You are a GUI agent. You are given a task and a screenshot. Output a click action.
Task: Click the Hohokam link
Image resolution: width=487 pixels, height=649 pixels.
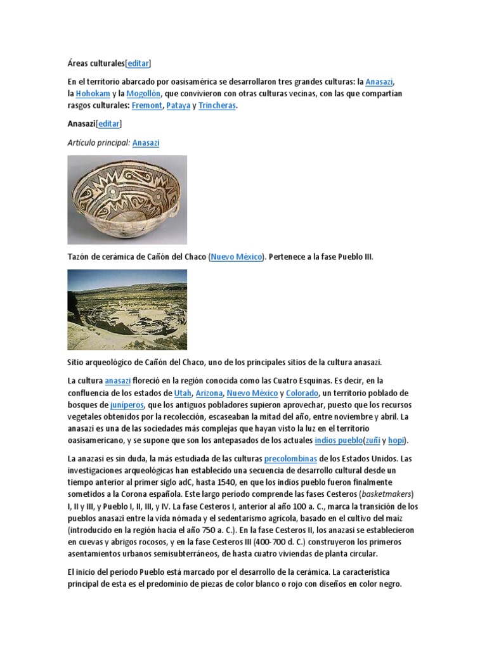[93, 94]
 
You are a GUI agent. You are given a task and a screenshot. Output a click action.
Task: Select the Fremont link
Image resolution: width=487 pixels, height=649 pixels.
[147, 106]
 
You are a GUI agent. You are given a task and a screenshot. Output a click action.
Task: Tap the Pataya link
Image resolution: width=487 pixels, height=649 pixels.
[178, 106]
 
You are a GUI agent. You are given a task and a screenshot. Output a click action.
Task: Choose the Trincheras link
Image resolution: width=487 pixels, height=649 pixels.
[217, 106]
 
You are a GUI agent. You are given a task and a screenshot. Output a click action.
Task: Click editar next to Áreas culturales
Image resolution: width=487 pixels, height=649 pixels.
[138, 63]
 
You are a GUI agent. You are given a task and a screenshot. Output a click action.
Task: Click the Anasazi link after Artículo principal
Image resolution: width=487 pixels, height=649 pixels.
[146, 143]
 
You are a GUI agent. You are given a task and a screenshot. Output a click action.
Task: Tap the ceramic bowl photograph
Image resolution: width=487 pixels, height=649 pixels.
[127, 200]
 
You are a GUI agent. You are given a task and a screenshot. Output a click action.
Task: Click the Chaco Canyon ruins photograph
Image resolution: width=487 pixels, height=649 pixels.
[127, 309]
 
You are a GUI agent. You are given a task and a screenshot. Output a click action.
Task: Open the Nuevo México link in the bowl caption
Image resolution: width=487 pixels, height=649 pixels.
[236, 257]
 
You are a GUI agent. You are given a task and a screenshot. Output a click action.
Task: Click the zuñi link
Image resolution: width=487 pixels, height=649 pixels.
[372, 440]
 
